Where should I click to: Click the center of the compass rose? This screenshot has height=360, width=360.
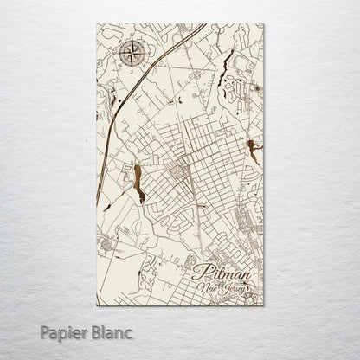click(132, 55)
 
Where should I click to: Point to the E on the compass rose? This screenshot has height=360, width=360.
click(145, 55)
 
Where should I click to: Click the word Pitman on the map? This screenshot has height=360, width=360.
click(222, 273)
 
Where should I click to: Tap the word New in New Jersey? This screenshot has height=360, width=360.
click(208, 288)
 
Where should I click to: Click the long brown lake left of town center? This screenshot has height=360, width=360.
click(137, 183)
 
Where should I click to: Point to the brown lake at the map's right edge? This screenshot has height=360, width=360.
click(252, 151)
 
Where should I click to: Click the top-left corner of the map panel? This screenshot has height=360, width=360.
click(97, 24)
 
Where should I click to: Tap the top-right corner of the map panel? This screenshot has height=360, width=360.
click(264, 24)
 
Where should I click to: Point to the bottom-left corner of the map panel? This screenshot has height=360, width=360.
click(97, 306)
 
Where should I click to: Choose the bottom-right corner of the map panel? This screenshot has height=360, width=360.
click(264, 306)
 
